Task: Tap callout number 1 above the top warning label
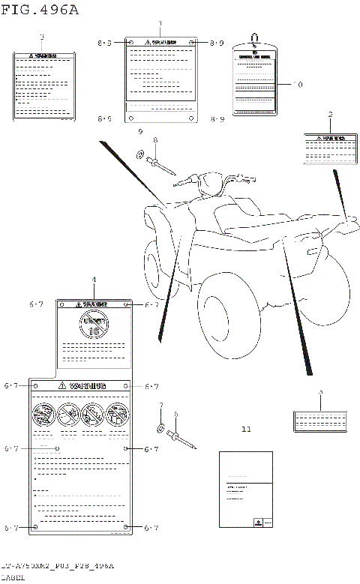[159, 24]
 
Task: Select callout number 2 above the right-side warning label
[329, 115]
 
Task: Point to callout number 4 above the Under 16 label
[94, 280]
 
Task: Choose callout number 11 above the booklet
[247, 430]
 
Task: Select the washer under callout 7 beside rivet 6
[160, 428]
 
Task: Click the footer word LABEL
[13, 578]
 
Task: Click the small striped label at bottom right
[320, 421]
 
